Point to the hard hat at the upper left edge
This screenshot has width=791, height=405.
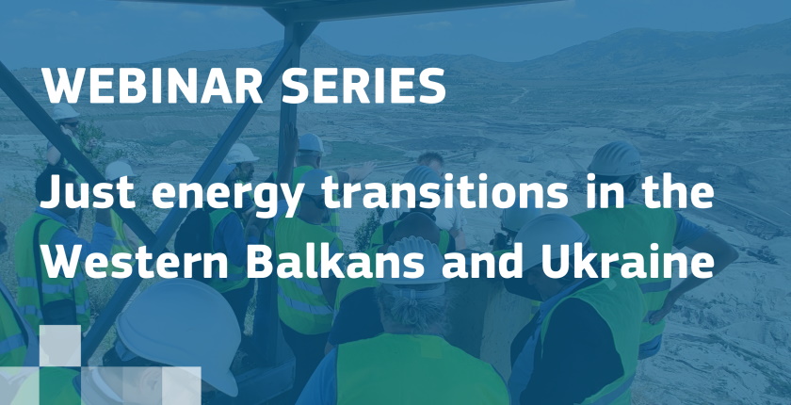(x=64, y=111)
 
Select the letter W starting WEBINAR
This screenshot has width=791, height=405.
(x=60, y=88)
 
